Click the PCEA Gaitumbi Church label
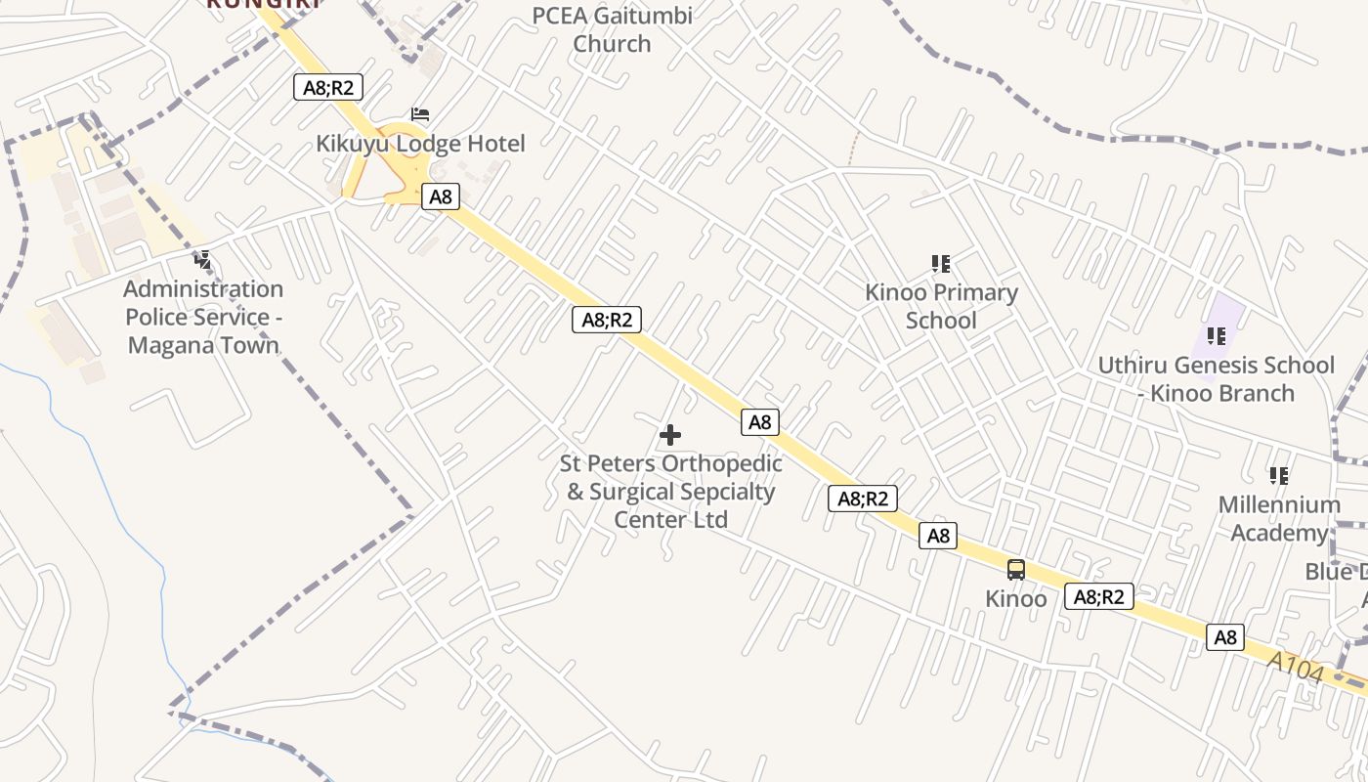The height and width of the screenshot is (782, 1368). [613, 29]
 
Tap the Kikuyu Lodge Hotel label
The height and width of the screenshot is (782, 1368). [420, 144]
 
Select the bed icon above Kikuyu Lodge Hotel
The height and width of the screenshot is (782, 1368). [420, 115]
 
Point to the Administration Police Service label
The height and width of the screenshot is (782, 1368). [203, 317]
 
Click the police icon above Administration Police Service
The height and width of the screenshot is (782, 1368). [203, 260]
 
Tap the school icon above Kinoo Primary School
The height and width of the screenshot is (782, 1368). [941, 263]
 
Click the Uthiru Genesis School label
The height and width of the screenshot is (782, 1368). [1216, 378]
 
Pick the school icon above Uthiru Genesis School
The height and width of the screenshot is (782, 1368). [1217, 336]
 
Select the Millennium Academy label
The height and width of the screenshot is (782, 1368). [1278, 518]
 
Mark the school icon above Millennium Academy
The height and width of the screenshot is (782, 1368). [1279, 476]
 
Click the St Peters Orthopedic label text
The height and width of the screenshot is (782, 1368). [671, 491]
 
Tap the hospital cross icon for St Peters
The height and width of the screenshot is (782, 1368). [670, 435]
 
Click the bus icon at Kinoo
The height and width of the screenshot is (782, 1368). [1016, 570]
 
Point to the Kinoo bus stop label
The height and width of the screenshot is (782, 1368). [1016, 598]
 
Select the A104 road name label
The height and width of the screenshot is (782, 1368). [1296, 669]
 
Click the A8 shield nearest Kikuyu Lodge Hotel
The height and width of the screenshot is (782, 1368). [441, 196]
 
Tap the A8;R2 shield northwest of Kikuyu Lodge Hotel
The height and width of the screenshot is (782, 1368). [328, 87]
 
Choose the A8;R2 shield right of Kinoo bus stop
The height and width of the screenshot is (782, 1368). [1099, 596]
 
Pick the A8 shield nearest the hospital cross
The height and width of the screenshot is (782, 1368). [760, 422]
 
